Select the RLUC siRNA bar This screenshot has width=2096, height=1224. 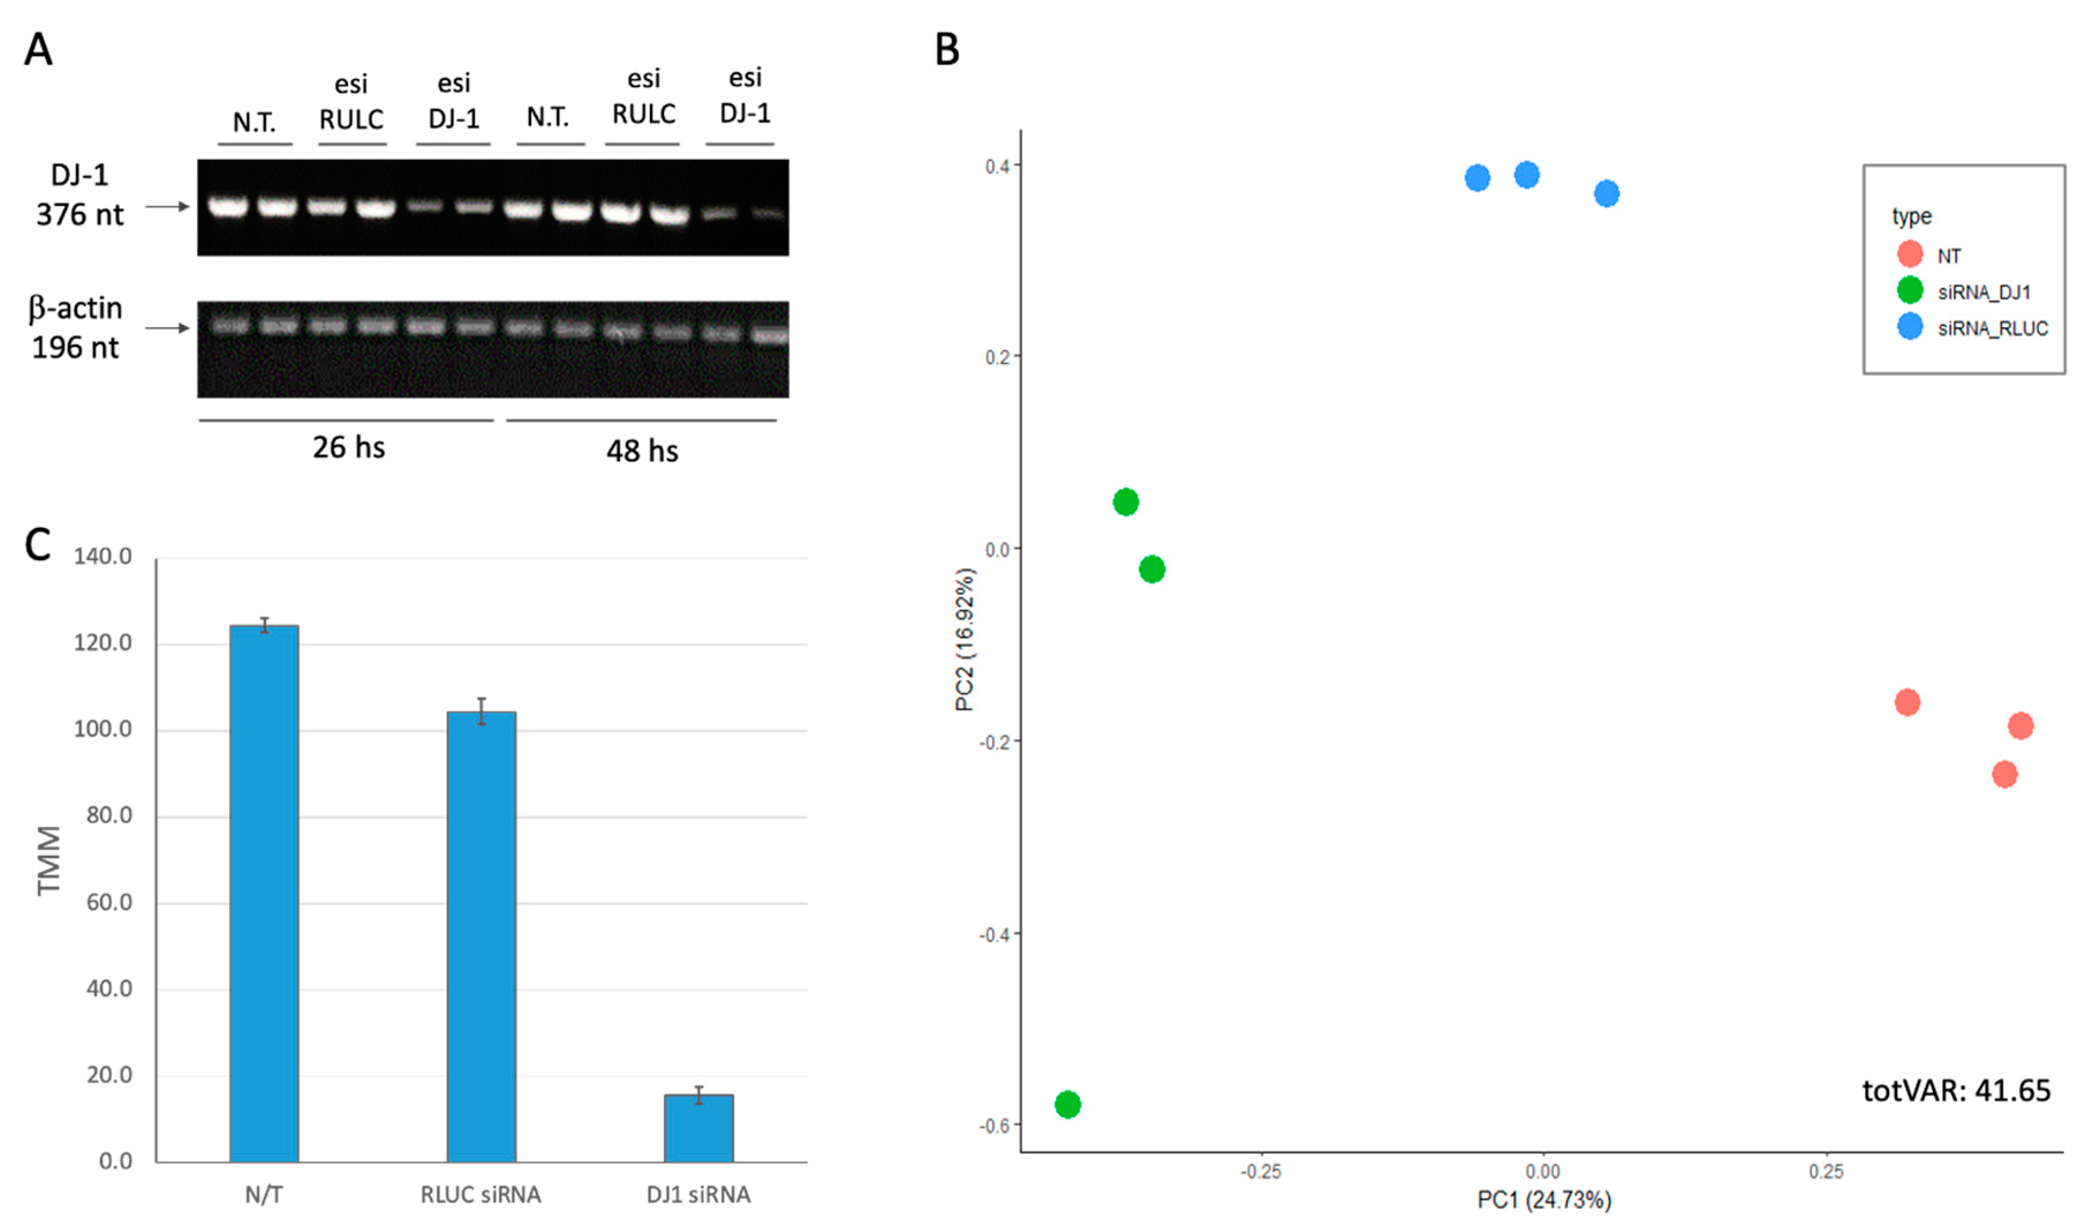[x=481, y=935]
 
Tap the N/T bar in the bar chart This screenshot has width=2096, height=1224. [x=264, y=894]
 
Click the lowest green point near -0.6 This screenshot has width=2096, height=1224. [x=1067, y=1104]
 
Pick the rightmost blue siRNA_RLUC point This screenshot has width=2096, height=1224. [x=1606, y=194]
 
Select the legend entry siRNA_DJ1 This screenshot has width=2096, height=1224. [x=1983, y=292]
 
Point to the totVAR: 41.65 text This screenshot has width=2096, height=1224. [x=1955, y=1090]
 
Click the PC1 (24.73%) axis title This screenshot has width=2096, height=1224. [x=1543, y=1200]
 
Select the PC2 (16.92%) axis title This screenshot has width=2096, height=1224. [x=964, y=640]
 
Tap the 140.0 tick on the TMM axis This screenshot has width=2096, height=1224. [x=103, y=556]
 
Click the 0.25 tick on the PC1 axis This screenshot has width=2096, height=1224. [x=1826, y=1172]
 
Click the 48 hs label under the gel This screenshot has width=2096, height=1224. [x=641, y=451]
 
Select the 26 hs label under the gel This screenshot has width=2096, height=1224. [x=349, y=447]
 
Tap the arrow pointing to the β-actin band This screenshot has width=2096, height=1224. [x=167, y=328]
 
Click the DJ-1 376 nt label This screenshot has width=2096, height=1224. [x=79, y=195]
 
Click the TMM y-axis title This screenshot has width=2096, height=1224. [x=49, y=860]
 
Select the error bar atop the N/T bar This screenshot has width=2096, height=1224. [x=265, y=625]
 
